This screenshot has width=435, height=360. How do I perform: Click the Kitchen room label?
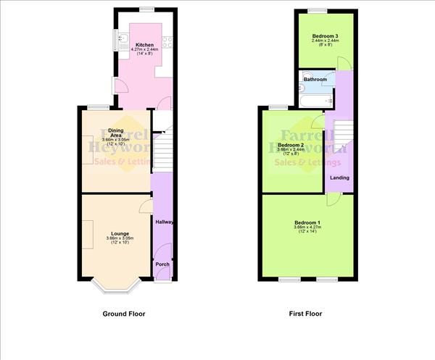(x=145, y=45)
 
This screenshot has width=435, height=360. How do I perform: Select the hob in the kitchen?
(x=167, y=42)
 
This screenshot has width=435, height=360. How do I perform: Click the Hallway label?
(x=164, y=222)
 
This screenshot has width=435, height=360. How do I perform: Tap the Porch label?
(x=162, y=265)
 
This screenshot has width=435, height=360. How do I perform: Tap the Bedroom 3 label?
(x=326, y=35)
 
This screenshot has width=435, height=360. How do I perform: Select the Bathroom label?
(x=315, y=80)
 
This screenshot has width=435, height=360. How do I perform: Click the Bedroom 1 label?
(x=307, y=222)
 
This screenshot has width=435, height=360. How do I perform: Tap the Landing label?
(x=339, y=177)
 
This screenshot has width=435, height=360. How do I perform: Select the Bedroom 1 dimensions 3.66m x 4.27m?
(x=307, y=228)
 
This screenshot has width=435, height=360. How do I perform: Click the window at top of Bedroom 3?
(x=318, y=9)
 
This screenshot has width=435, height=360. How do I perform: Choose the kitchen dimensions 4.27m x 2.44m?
(x=145, y=50)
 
